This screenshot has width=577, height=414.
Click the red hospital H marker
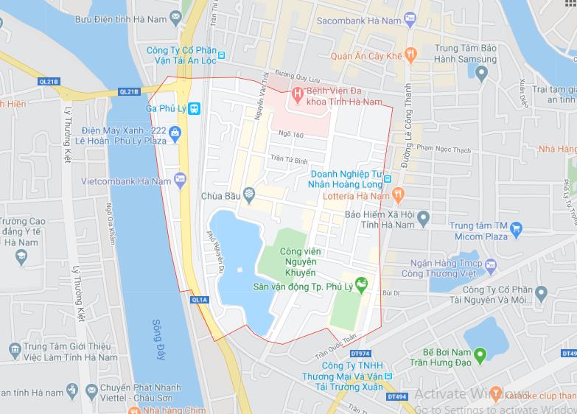[x=297, y=93]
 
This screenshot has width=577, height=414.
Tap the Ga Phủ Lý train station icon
[x=195, y=108]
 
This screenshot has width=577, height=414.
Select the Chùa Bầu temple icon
[x=250, y=196]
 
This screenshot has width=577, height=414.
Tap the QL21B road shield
[x=128, y=92]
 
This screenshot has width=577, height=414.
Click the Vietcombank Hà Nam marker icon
[x=180, y=180]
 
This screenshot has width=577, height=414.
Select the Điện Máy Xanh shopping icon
[x=175, y=133]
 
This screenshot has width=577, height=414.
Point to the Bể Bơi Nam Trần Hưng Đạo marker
[x=480, y=357]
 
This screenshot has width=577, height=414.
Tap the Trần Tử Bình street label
[x=288, y=159]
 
